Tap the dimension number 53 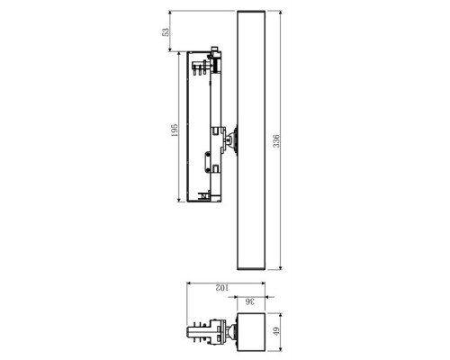[x=165, y=31]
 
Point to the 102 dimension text [x=222, y=288]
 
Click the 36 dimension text [x=249, y=301]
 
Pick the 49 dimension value [x=277, y=334]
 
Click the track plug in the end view [x=202, y=334]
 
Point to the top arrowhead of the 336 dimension [x=283, y=13]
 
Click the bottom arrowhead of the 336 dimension [x=283, y=267]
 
